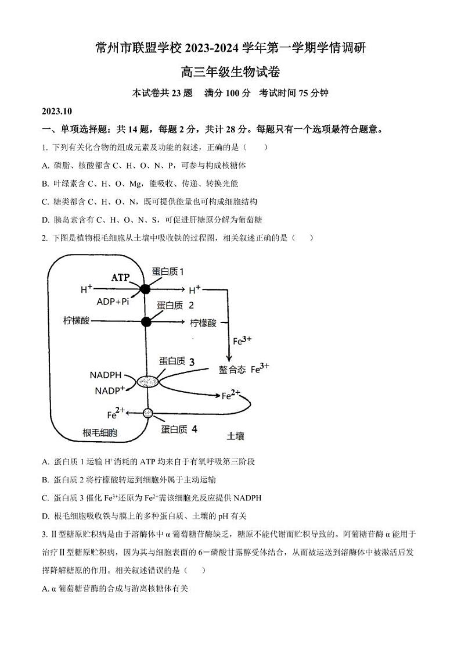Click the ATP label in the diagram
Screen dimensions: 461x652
click(x=120, y=278)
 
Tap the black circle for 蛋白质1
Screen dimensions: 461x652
click(x=145, y=289)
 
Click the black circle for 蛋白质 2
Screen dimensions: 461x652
click(x=146, y=321)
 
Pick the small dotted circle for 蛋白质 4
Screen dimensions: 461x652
click(x=147, y=413)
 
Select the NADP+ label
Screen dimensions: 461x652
click(x=110, y=391)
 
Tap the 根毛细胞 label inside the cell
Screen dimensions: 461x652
click(x=100, y=432)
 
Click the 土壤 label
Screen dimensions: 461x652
click(x=235, y=435)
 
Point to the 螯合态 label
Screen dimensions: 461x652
click(x=232, y=370)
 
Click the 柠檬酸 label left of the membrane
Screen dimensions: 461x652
click(x=77, y=321)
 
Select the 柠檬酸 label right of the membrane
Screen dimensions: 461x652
click(x=203, y=323)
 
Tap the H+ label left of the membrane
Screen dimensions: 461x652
click(x=87, y=289)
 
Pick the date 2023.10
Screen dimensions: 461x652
click(x=56, y=111)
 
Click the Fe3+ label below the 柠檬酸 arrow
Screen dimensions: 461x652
click(x=242, y=341)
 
